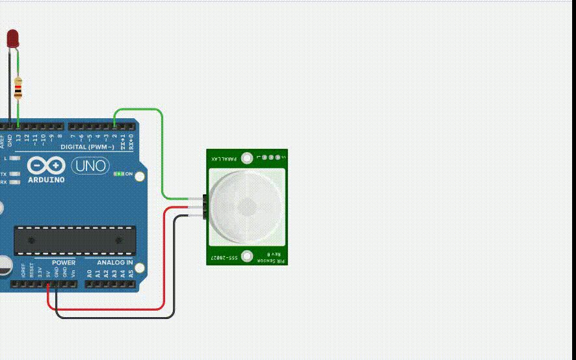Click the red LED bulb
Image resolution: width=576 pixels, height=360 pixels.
pos(13,38)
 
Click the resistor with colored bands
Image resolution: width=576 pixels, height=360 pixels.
pos(18,87)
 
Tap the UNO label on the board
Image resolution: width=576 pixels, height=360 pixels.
pos(89,166)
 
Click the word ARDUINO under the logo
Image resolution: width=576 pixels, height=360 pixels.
pos(47,180)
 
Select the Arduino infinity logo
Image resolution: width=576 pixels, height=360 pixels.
pos(46,166)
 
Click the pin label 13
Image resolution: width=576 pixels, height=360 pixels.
pos(18,138)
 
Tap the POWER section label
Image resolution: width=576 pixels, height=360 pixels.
pos(64,263)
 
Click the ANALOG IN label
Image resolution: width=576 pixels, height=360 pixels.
pos(115,263)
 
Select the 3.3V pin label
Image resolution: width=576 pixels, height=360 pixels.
pos(40,272)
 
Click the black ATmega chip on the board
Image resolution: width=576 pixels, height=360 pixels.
pos(75,240)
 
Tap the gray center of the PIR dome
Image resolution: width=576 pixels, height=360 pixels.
pos(248,207)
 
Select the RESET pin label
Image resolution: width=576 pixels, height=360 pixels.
pos(31,271)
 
